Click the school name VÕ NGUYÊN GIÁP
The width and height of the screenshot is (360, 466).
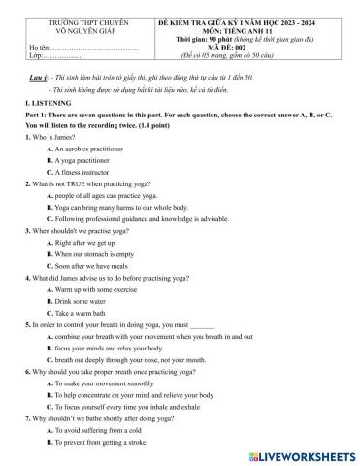click(x=75, y=28)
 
